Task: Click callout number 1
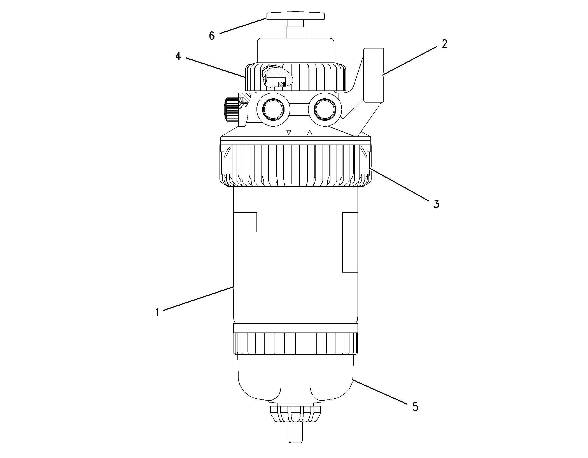(x=157, y=312)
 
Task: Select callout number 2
(x=444, y=44)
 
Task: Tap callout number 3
(x=436, y=204)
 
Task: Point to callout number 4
(x=178, y=56)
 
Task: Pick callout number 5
(x=415, y=406)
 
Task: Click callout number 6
(x=212, y=36)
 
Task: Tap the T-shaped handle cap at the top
(x=296, y=16)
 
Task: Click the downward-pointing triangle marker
(x=289, y=132)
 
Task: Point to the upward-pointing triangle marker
(x=309, y=133)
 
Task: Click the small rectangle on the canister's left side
(x=245, y=222)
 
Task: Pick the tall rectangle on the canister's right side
(x=350, y=242)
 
